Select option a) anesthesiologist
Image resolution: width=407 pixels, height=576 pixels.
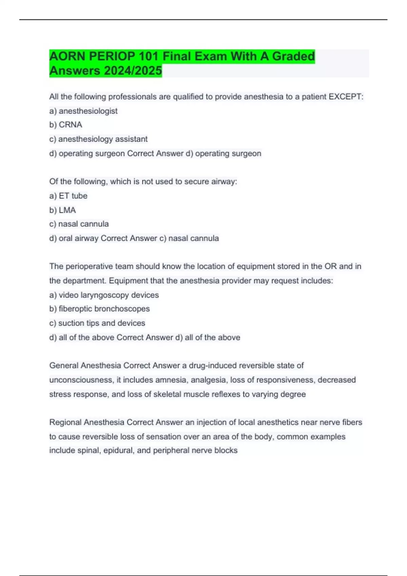point(83,111)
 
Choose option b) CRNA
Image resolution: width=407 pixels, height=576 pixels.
point(66,125)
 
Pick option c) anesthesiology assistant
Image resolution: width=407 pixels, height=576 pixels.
point(98,139)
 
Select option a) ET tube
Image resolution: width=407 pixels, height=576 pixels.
point(68,196)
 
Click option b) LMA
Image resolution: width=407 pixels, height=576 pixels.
point(63,210)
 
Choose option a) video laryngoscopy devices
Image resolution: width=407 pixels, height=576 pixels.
point(104,295)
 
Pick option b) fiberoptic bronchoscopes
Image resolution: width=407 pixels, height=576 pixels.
point(99,309)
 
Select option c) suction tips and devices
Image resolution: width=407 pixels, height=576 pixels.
point(97,323)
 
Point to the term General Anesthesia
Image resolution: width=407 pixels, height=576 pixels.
point(85,366)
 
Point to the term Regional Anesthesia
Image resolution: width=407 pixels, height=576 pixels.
point(86,423)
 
